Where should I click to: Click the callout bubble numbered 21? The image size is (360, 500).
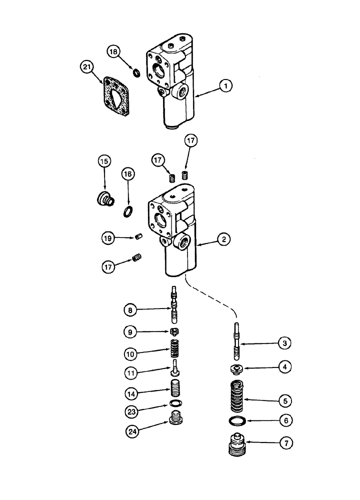pyautogui.click(x=87, y=67)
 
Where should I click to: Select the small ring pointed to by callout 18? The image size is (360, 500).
pyautogui.click(x=135, y=73)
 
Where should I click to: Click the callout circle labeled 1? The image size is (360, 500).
pyautogui.click(x=226, y=86)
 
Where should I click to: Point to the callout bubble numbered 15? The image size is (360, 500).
pyautogui.click(x=104, y=161)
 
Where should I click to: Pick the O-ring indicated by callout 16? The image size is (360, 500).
pyautogui.click(x=128, y=211)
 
